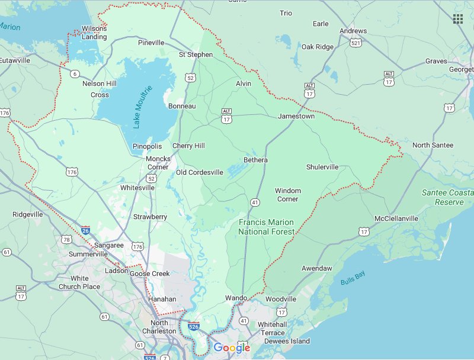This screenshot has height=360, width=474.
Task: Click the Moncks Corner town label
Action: click(x=158, y=163)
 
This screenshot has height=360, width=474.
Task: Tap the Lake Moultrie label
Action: click(x=142, y=107)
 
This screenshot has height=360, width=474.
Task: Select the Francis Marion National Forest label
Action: click(x=266, y=227)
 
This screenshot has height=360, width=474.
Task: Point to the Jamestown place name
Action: click(x=296, y=117)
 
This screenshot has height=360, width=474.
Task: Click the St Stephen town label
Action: click(x=196, y=54)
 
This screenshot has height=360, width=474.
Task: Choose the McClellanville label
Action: click(x=396, y=218)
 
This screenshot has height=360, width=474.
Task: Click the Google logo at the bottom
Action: click(x=232, y=348)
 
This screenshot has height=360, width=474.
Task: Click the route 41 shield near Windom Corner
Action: click(x=255, y=202)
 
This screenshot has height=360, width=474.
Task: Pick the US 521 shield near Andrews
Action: click(x=355, y=43)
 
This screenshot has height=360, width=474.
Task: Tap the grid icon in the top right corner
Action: click(x=457, y=19)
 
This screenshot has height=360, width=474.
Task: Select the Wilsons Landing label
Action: click(x=94, y=33)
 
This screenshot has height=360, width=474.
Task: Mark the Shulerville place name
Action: click(x=322, y=167)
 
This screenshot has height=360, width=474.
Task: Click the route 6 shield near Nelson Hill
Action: click(x=75, y=74)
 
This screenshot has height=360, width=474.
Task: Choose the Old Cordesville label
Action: click(x=200, y=172)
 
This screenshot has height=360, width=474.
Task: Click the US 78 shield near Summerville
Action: click(x=66, y=239)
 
